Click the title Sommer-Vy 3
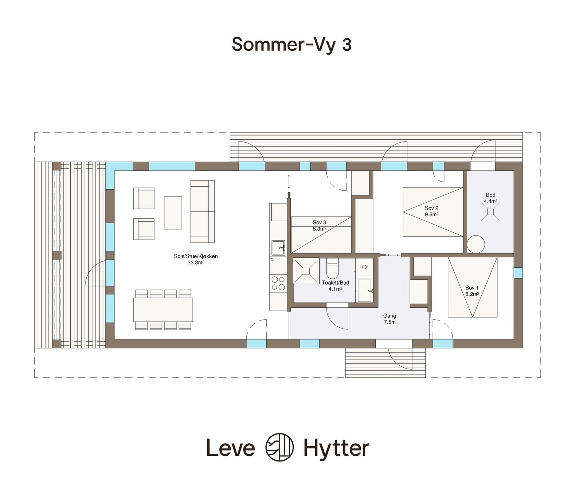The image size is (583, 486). point(291,44)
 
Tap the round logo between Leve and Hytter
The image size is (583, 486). point(279,447)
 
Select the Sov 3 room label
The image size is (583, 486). point(319,222)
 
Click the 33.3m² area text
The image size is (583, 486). point(196,263)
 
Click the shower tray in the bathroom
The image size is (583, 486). point(306,271)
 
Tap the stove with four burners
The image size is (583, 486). point(278,283)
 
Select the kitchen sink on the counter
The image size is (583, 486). point(278,248)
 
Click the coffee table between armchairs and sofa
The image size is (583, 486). point(173,213)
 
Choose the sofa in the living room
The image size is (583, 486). point(202,211)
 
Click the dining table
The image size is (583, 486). point(163,310)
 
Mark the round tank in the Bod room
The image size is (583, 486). point(476,244)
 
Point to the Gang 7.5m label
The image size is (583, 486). point(390,319)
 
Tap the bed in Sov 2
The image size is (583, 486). point(433,212)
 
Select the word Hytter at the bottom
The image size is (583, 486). point(336,448)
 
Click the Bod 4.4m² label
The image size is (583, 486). point(490,198)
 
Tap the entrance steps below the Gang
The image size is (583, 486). point(385,363)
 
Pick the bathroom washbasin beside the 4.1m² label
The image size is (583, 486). point(364,291)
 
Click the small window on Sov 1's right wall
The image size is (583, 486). point(518,273)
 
